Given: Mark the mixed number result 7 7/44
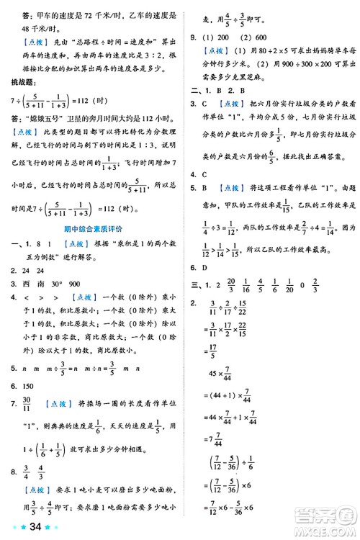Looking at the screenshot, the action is click(x=216, y=435).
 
